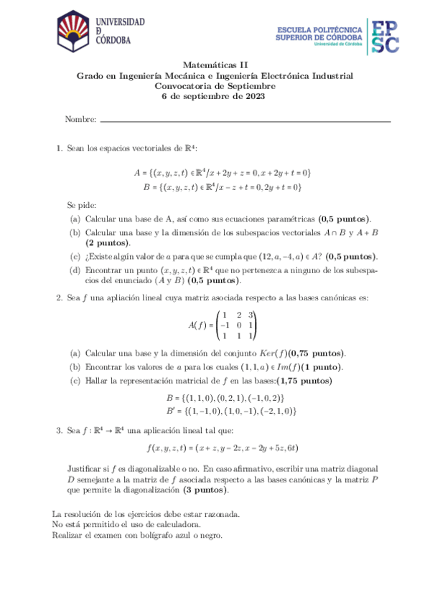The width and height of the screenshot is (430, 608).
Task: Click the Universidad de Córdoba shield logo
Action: click(x=74, y=32)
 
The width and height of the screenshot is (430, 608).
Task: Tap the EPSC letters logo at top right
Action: click(x=384, y=35)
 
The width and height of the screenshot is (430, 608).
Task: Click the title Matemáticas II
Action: click(x=215, y=65)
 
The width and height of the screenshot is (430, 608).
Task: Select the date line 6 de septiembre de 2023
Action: click(x=215, y=97)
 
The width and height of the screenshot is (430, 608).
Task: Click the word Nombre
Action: click(x=80, y=119)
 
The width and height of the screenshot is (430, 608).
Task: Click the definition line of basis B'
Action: click(x=230, y=412)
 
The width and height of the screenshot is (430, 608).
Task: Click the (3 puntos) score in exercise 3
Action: click(x=206, y=490)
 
